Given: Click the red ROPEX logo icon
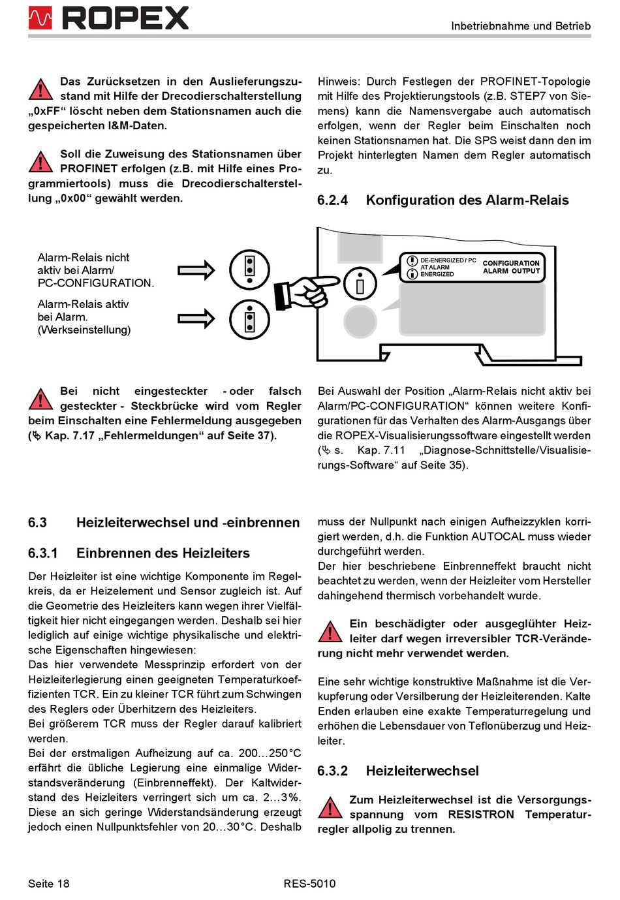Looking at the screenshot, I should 40,18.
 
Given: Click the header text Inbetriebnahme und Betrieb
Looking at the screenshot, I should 520,26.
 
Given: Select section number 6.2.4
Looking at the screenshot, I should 332,200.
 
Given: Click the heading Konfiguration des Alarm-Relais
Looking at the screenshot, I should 467,200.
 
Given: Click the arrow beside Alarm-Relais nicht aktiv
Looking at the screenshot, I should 196,270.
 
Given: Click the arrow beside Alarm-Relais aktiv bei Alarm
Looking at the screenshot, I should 196,318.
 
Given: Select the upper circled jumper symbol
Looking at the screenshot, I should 249,269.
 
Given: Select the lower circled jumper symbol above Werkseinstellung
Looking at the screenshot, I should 249,318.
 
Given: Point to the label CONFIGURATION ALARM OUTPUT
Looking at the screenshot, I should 511,267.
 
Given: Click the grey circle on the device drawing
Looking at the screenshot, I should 360,320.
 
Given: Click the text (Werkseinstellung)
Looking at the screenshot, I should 84,330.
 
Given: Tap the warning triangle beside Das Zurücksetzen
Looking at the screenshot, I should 40,89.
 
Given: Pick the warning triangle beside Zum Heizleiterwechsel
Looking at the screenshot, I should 330,807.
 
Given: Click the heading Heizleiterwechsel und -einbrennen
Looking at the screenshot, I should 188,523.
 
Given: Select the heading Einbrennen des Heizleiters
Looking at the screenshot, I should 163,553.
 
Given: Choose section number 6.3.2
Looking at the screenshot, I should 332,771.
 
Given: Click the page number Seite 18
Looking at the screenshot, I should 48,884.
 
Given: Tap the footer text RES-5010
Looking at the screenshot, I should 309,884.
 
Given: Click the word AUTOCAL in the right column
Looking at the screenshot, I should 497,536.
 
